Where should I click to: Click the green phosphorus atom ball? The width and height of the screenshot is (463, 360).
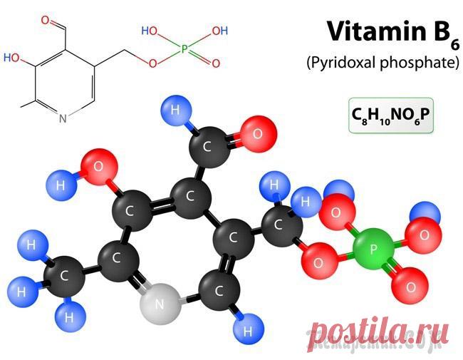click(x=373, y=249)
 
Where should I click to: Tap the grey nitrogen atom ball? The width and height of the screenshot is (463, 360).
click(x=160, y=304)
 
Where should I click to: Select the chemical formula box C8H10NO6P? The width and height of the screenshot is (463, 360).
click(x=391, y=115)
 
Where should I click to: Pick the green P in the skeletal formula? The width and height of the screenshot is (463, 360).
click(x=184, y=48)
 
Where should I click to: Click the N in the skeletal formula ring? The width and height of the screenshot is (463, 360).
click(x=63, y=118)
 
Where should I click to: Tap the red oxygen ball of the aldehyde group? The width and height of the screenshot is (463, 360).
click(x=258, y=134)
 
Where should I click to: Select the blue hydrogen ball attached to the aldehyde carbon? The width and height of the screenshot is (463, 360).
click(x=176, y=110)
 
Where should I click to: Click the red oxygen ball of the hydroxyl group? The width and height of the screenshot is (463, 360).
click(x=98, y=167)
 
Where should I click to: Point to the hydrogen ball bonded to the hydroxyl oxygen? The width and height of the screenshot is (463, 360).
click(x=61, y=185)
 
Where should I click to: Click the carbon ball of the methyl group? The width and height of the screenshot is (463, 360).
click(x=64, y=276)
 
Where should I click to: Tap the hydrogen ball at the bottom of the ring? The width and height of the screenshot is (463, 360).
click(x=248, y=329)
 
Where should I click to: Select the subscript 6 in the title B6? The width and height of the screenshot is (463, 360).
click(x=454, y=45)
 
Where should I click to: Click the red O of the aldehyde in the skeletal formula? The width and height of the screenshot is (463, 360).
click(x=46, y=21)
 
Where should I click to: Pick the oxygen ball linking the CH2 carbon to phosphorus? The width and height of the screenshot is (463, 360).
click(x=319, y=261)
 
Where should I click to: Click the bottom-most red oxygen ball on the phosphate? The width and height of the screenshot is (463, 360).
click(x=410, y=285)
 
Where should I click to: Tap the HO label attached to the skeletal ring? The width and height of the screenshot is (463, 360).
click(x=11, y=58)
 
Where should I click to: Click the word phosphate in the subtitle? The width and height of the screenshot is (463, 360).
click(x=420, y=63)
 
